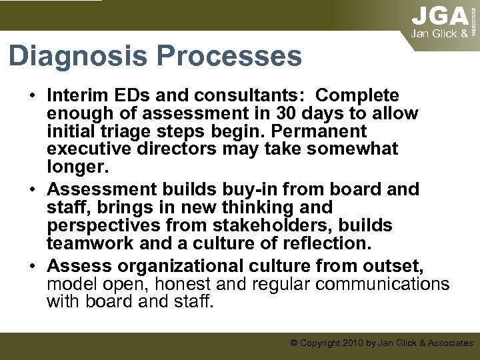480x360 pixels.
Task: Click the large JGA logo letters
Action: coord(439,16)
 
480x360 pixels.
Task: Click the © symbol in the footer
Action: coord(294,343)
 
